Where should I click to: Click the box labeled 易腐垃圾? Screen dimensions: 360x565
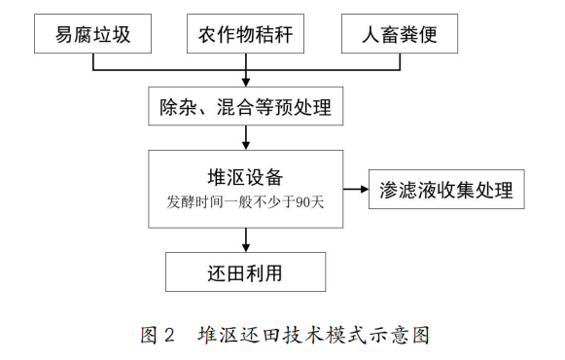pyautogui.click(x=94, y=37)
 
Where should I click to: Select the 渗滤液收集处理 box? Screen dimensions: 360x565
pyautogui.click(x=446, y=189)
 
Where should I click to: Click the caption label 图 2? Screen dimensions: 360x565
pyautogui.click(x=158, y=335)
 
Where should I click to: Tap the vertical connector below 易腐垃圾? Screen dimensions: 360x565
pyautogui.click(x=94, y=62)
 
